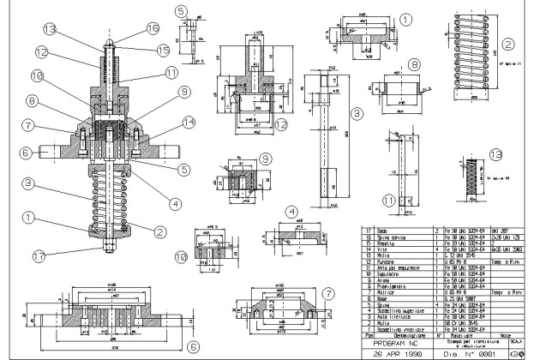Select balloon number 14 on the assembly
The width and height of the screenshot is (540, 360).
click(165, 123)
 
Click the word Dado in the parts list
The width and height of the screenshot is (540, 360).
click(375, 231)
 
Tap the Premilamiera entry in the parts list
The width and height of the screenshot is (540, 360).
click(386, 285)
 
